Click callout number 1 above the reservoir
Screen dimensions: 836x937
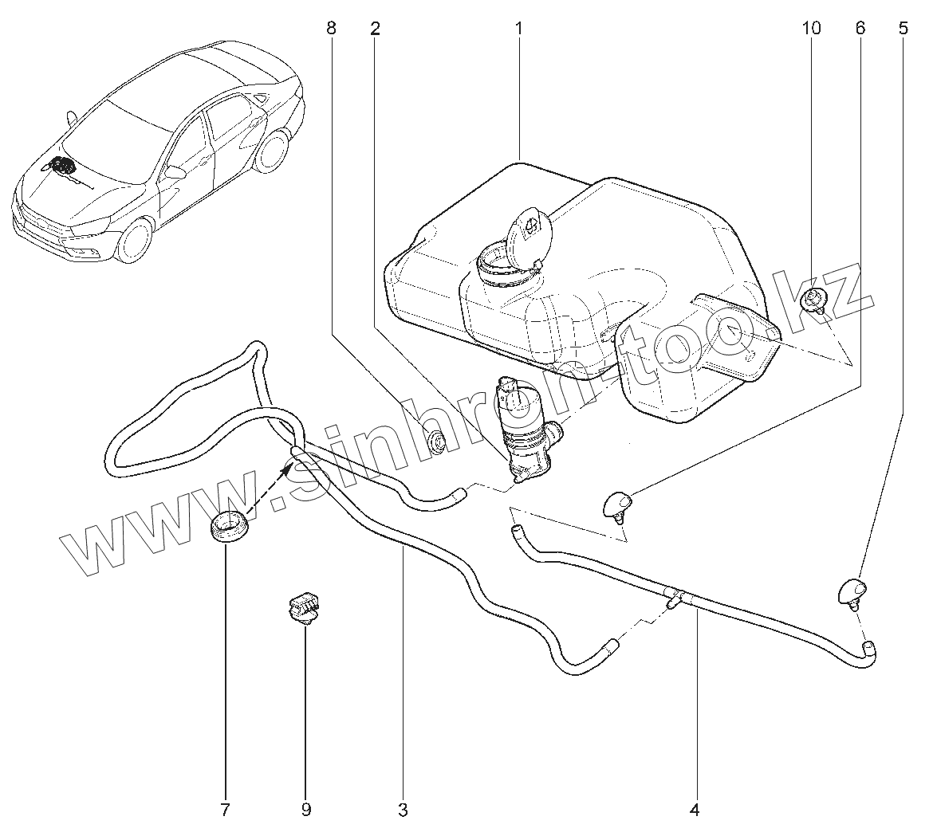tap(518, 29)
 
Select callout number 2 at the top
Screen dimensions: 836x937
tap(375, 29)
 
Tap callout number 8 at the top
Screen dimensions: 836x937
tap(331, 29)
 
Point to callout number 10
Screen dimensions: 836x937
tap(810, 29)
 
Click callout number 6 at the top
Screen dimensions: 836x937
tap(860, 29)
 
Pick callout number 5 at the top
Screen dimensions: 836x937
tap(903, 29)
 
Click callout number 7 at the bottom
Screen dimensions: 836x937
tap(224, 810)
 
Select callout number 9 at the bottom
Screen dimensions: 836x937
tap(306, 810)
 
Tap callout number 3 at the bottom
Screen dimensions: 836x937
tap(403, 810)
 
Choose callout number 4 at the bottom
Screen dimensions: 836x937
tap(694, 810)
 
